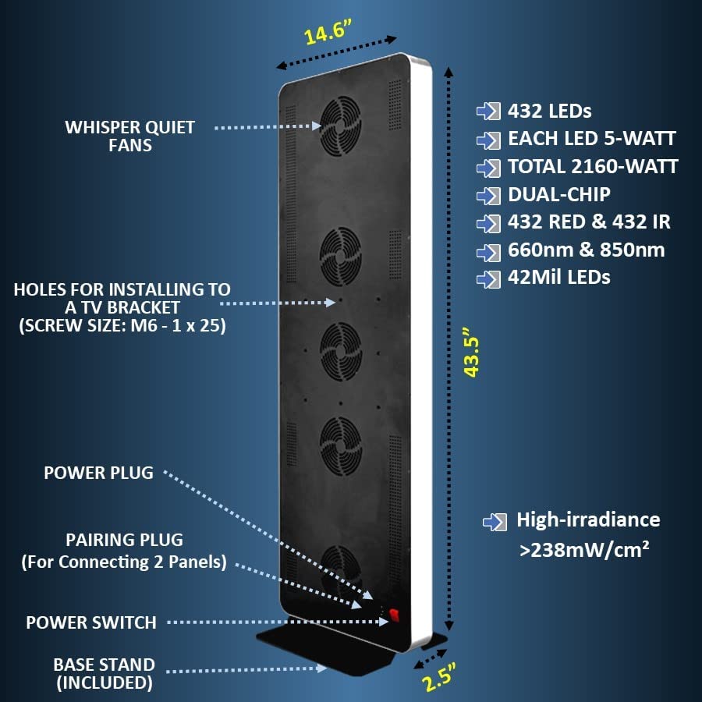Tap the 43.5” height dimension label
tap(471, 357)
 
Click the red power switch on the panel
tap(394, 615)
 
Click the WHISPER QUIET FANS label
tap(130, 136)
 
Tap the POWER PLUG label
tap(98, 473)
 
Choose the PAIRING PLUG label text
tap(126, 539)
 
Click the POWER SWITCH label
tap(91, 622)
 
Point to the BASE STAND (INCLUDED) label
tap(104, 674)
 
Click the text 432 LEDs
tap(549, 111)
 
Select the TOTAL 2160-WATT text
tap(593, 166)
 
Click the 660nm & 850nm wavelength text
tap(586, 250)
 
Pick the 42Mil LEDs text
tap(558, 277)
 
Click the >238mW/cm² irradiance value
tap(585, 549)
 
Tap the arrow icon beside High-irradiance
tap(493, 521)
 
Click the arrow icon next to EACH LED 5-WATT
tap(488, 140)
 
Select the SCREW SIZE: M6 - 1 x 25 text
tap(122, 327)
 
